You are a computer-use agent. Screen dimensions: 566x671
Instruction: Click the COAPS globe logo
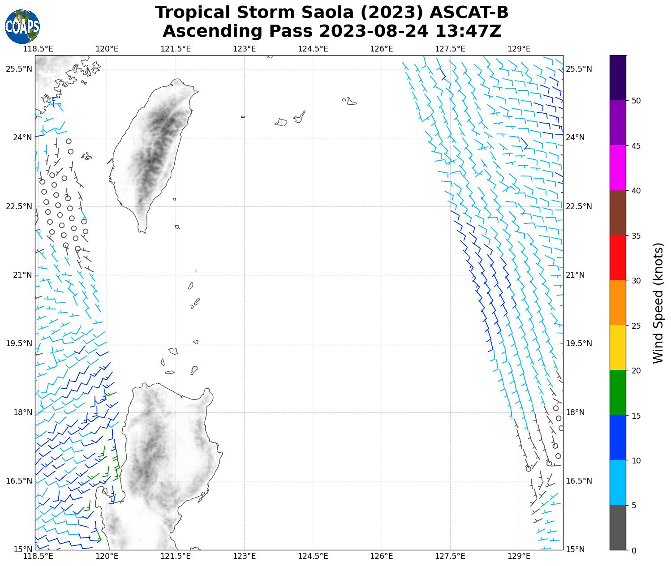[x=22, y=27]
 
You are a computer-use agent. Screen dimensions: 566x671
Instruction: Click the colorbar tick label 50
[x=636, y=101]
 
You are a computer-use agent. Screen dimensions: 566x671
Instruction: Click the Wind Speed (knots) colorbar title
[x=658, y=303]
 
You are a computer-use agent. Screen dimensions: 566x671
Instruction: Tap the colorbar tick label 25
[x=636, y=326]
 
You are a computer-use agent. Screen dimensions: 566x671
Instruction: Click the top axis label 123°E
[x=245, y=49]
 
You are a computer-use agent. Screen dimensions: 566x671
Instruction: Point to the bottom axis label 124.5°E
[x=313, y=557]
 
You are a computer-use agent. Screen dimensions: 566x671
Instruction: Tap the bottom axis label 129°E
[x=519, y=557]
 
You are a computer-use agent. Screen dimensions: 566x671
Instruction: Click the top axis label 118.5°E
[x=38, y=49]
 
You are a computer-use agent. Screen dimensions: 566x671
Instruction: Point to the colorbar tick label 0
[x=633, y=551]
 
